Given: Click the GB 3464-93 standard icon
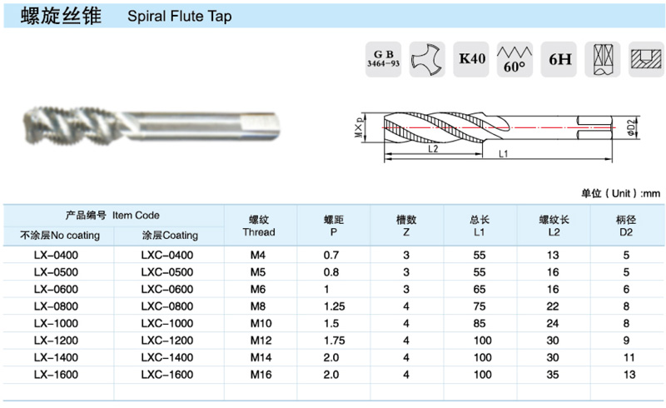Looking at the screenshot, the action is tap(383, 59).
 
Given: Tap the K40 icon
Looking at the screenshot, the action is tap(471, 59).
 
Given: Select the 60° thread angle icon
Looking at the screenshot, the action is tap(514, 59).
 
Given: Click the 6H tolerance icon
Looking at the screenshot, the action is tap(559, 59).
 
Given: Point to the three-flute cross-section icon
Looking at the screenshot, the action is tap(427, 59).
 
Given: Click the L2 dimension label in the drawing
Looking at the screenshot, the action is tap(433, 149).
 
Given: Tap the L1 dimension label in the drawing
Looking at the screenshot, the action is tap(504, 154).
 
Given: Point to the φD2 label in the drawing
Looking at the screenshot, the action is tap(632, 127).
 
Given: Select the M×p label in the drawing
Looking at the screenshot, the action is tap(360, 127).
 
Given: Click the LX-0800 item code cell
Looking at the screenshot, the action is tap(56, 306).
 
